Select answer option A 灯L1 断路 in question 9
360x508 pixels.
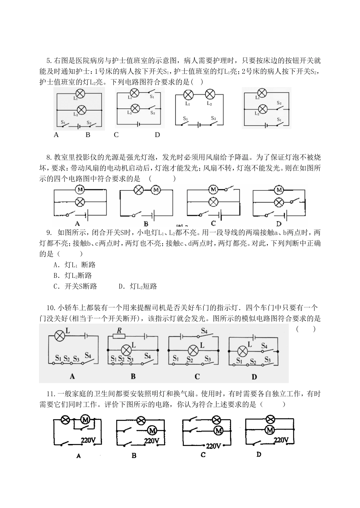(x=75, y=265)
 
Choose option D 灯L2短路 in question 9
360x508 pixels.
(x=138, y=286)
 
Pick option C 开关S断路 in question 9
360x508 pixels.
(x=75, y=286)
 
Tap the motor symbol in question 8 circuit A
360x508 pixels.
(x=80, y=189)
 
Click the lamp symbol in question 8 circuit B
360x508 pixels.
(x=139, y=190)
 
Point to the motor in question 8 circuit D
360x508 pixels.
(x=279, y=189)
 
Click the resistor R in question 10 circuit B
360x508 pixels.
(x=119, y=335)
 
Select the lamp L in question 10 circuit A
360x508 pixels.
(x=59, y=335)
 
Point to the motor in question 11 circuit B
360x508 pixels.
(x=152, y=430)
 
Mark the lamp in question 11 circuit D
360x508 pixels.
(x=270, y=419)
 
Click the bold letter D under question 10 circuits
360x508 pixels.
(x=254, y=377)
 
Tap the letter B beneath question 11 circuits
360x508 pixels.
(x=134, y=456)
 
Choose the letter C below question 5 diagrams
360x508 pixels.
(x=116, y=135)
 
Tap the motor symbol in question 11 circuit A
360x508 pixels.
(x=85, y=419)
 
